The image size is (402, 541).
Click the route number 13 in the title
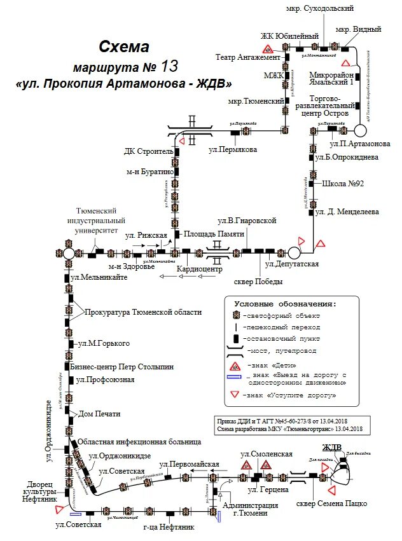click(170, 65)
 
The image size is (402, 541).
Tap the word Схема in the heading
click(124, 46)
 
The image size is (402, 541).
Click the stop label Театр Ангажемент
click(248, 57)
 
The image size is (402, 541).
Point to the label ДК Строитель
click(148, 152)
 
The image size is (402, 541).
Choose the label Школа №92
click(343, 184)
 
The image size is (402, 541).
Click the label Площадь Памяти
click(214, 234)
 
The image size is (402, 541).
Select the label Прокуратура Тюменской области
click(144, 312)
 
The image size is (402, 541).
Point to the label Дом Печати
click(99, 414)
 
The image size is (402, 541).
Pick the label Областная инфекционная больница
click(140, 441)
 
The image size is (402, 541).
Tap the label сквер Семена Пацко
click(332, 503)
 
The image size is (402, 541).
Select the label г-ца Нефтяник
click(164, 526)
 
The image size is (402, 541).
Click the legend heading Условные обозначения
click(284, 304)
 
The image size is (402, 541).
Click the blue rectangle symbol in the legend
click(235, 378)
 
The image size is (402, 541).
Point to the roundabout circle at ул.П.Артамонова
click(360, 130)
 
